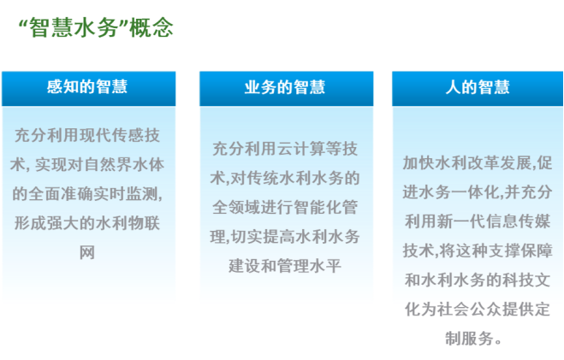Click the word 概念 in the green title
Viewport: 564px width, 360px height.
151,27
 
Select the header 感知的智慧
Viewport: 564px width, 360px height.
87,87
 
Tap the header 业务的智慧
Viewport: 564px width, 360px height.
285,87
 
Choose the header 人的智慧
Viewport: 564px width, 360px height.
478,87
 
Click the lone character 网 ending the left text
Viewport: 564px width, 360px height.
87,253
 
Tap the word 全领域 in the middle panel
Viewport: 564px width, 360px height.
235,207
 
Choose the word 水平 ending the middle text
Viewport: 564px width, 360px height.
325,266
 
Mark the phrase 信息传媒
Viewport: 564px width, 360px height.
519,221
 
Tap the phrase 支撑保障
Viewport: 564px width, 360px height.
521,251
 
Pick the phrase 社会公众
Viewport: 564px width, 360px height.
469,310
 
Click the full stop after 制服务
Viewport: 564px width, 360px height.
498,342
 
